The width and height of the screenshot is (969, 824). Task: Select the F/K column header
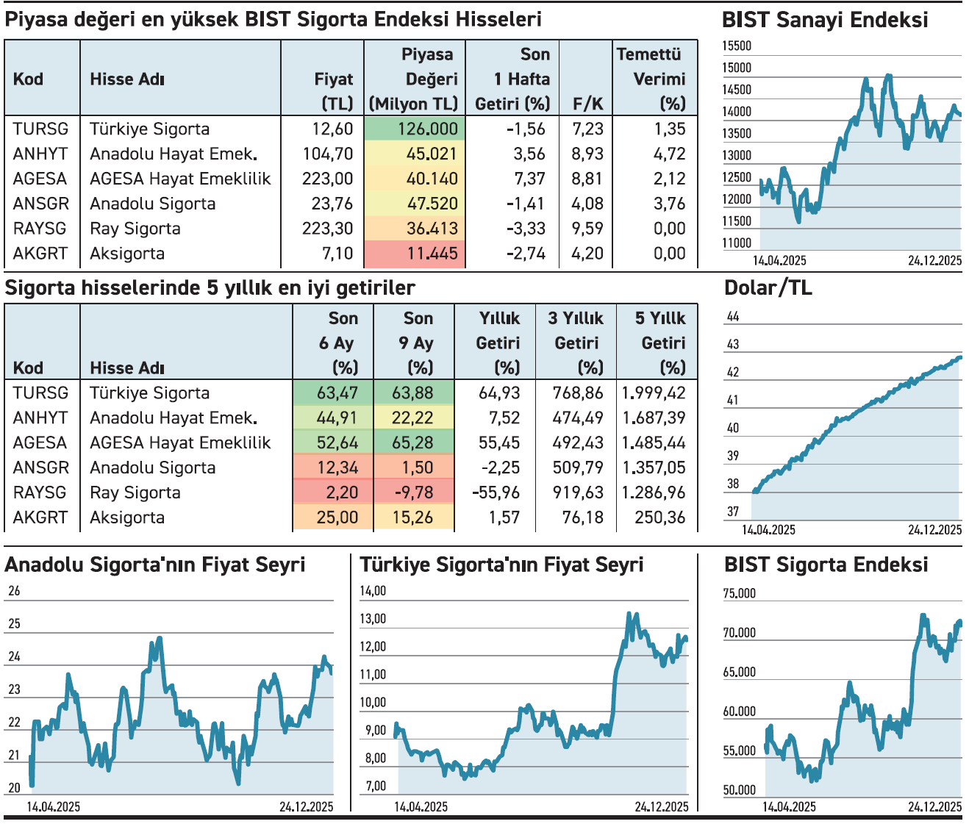point(587,104)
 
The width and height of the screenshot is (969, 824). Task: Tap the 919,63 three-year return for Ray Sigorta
point(578,492)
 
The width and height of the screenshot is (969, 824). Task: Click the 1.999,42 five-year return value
point(653,393)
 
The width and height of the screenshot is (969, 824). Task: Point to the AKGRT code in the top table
point(40,254)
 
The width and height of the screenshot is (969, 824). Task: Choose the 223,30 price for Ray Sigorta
point(327,229)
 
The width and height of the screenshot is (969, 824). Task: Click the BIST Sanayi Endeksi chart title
point(825,20)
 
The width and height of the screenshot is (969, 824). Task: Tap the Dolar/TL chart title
point(768,288)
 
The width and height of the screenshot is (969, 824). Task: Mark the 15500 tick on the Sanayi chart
point(737,46)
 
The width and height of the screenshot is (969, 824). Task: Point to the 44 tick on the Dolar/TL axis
point(732,317)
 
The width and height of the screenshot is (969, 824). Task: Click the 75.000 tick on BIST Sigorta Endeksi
point(739,594)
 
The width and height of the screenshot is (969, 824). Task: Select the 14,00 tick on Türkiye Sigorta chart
point(373,591)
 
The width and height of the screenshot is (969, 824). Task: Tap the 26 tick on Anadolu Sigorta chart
point(14,591)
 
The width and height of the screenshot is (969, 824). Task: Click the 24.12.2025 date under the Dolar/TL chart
point(934,529)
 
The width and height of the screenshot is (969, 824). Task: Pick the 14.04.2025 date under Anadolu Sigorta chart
point(54,806)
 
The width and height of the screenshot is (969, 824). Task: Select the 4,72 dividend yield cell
point(669,154)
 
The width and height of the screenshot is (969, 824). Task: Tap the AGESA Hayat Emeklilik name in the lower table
point(180,443)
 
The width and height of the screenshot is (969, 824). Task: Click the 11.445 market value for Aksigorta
point(432,254)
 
